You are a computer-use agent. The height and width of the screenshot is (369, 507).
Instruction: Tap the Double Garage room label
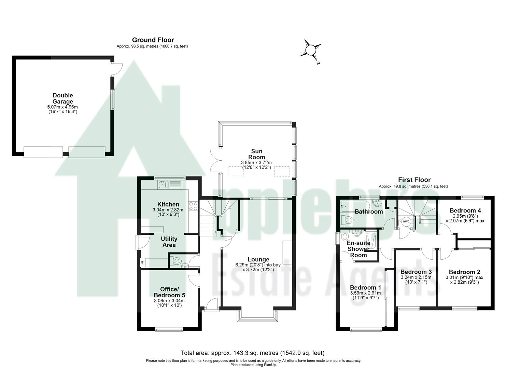coord(62,98)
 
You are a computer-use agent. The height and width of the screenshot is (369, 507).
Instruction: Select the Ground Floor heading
coord(153,40)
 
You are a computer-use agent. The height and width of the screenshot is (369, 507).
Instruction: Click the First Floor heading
coord(414,180)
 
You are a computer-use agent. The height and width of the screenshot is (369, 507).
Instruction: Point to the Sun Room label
coord(256,154)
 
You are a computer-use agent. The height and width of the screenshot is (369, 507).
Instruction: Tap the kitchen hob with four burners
coord(193,206)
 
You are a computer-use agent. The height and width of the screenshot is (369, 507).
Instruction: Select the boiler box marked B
coord(142,262)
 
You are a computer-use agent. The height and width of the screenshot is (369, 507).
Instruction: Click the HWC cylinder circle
coord(406,221)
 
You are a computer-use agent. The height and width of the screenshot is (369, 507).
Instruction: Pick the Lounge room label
coord(258,260)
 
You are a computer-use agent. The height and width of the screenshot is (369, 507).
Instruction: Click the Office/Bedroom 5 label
coord(169,292)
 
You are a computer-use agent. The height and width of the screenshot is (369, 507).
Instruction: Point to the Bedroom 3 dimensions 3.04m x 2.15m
coord(416,277)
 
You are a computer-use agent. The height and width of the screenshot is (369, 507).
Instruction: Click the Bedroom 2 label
coord(464,272)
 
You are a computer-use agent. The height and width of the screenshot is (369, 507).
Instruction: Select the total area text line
coord(252,353)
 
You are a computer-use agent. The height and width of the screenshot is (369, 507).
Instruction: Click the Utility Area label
coord(169,242)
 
